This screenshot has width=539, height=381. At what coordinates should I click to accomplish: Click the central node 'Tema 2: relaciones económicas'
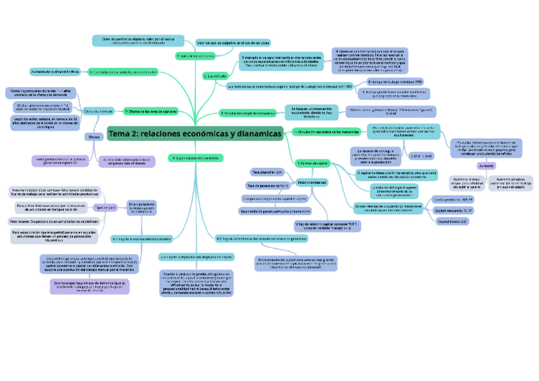coord(194,134)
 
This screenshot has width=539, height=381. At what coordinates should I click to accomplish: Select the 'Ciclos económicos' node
coord(99,111)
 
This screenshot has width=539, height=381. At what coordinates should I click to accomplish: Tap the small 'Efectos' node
coord(93,137)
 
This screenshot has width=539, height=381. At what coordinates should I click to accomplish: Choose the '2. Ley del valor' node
coord(213,76)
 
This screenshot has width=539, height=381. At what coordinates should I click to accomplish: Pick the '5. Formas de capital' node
coord(312,163)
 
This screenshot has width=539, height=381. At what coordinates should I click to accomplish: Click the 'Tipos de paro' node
coord(106,207)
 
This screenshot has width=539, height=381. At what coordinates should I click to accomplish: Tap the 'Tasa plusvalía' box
coord(266,172)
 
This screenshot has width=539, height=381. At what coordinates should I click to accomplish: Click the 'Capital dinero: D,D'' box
coord(453,221)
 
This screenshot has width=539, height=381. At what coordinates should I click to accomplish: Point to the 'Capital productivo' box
coord(453,199)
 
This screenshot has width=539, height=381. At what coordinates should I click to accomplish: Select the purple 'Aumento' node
coord(487,165)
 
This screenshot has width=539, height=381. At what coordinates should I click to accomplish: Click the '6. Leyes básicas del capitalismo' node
coord(196,157)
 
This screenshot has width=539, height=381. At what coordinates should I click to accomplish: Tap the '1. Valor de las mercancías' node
coord(194,56)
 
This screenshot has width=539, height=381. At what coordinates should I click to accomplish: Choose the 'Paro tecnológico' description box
coord(55,191)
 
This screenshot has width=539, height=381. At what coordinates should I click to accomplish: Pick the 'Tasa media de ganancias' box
coord(275,211)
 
